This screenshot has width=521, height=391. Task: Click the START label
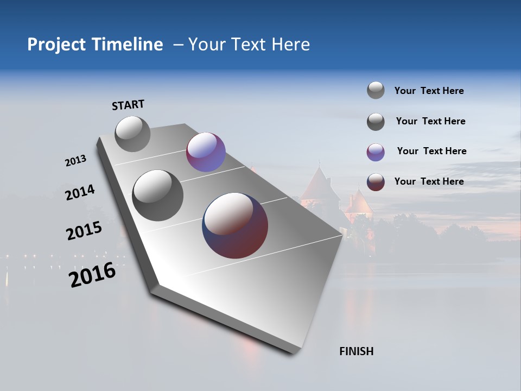click(128, 105)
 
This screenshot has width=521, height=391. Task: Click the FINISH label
click(356, 351)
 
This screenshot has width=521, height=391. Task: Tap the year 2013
click(75, 161)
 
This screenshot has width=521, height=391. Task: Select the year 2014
click(80, 192)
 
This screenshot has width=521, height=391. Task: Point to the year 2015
click(84, 231)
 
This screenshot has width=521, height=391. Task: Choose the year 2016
click(92, 275)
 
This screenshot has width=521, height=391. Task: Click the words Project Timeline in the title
click(95, 45)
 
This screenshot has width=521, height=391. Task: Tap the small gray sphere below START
click(132, 134)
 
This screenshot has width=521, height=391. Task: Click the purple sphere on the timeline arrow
click(206, 152)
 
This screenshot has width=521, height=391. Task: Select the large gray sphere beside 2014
click(157, 195)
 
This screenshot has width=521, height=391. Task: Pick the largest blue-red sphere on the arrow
click(235, 225)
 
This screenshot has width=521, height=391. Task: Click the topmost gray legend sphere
click(376, 90)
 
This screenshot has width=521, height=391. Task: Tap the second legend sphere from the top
click(376, 122)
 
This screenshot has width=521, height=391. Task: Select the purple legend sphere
click(376, 152)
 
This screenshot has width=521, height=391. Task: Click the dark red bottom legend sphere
click(376, 182)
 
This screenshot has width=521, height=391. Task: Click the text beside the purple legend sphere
click(431, 151)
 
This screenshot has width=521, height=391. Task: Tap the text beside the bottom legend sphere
click(429, 181)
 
